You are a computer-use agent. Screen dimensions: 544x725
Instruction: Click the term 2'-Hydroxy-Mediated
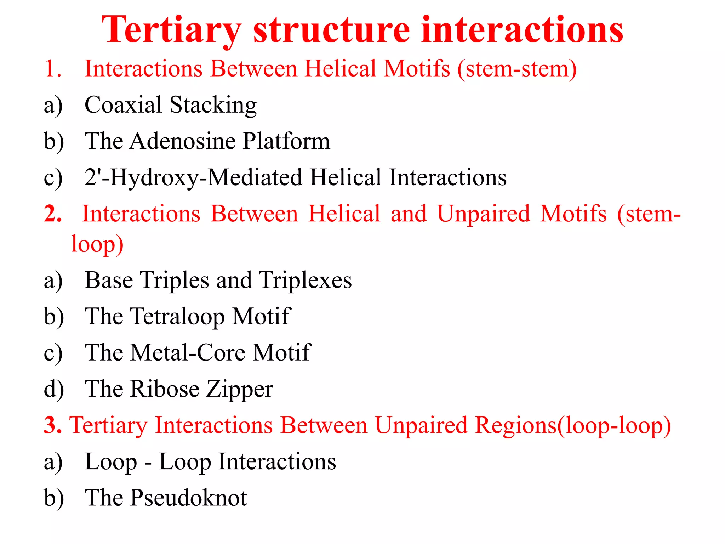193,177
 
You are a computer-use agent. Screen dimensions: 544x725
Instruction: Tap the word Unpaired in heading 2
484,214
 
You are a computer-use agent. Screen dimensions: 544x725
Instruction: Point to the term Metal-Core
188,353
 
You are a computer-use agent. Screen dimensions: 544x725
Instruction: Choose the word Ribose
165,389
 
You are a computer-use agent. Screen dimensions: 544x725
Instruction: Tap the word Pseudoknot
189,498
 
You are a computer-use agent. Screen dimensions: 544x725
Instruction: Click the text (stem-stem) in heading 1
517,69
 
